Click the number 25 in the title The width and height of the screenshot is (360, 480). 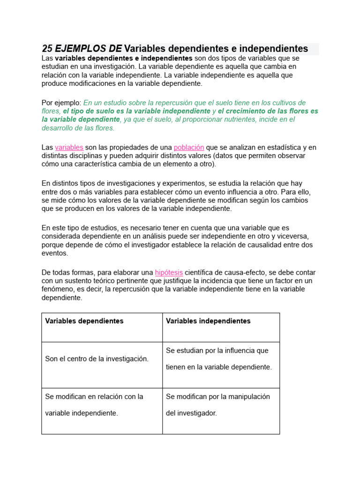pos(47,49)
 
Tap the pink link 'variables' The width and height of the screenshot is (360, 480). pos(69,148)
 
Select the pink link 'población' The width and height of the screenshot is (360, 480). pos(188,148)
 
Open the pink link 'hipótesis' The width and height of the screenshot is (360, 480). pos(169,272)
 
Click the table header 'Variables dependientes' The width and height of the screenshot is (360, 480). pos(84,321)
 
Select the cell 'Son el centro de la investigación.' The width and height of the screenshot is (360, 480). pos(97,359)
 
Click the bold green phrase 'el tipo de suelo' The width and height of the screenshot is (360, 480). pos(90,111)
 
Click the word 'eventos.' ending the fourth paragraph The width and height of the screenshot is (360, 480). pos(55,253)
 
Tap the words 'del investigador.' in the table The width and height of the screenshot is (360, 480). pos(192,413)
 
